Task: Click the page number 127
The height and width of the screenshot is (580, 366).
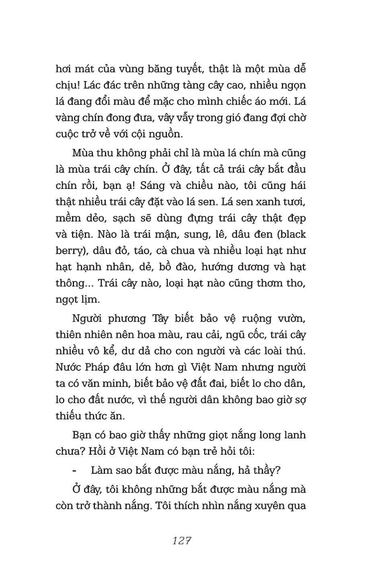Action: [181, 541]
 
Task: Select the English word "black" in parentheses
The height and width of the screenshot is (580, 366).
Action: [291, 234]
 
